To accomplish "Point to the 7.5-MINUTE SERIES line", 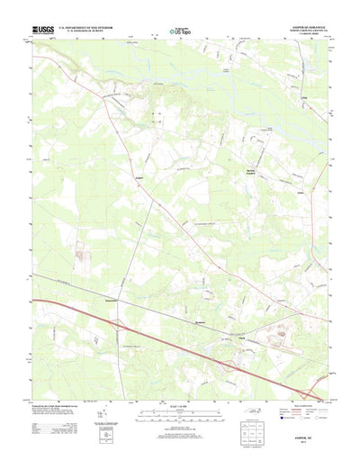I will (311, 36).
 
